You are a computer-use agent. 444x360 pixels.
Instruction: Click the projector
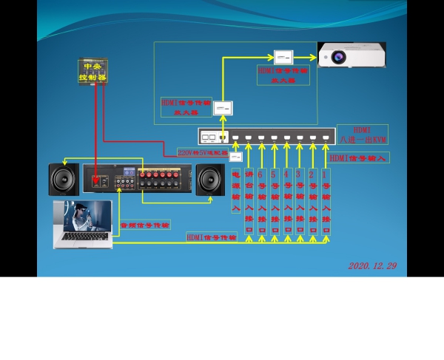(x=351, y=55)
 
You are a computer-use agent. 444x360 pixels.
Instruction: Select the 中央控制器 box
(x=93, y=71)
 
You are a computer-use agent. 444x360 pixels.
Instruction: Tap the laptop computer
(x=83, y=223)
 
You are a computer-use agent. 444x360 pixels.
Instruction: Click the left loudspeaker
(x=64, y=179)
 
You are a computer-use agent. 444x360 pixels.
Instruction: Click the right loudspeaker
(x=210, y=180)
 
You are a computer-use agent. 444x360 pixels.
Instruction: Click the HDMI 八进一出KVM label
(x=363, y=135)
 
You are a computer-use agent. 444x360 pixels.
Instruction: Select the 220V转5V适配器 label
(x=202, y=152)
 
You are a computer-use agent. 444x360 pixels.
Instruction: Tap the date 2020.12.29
(x=372, y=265)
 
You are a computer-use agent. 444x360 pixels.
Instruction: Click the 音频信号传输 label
(x=145, y=224)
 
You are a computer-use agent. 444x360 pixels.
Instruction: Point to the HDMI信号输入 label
(x=359, y=157)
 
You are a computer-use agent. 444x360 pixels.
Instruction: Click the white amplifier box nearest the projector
(x=283, y=56)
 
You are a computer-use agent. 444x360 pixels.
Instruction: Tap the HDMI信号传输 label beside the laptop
(x=212, y=237)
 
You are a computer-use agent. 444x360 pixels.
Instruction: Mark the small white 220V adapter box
(x=236, y=157)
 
